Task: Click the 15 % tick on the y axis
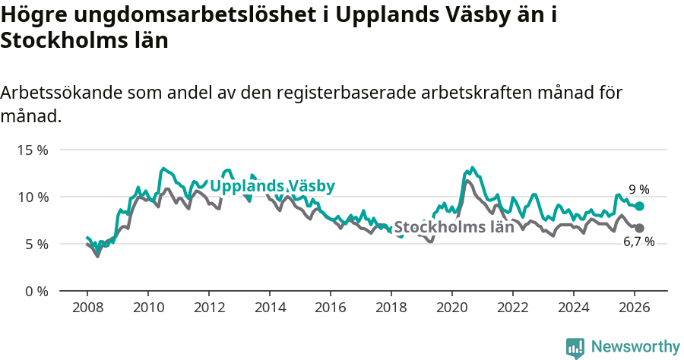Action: pyautogui.click(x=33, y=150)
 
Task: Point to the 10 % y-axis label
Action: pyautogui.click(x=33, y=197)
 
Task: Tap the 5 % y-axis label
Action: pyautogui.click(x=36, y=244)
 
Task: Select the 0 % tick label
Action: pyautogui.click(x=36, y=291)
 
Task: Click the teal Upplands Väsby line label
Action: pyautogui.click(x=272, y=186)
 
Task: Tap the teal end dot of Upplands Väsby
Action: pyautogui.click(x=639, y=206)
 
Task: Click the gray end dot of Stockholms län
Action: pyautogui.click(x=639, y=228)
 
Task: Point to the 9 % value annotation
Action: pyautogui.click(x=638, y=190)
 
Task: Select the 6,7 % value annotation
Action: pyautogui.click(x=638, y=242)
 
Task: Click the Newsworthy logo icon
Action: pyautogui.click(x=575, y=347)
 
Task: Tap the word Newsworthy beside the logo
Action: pyautogui.click(x=635, y=346)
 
